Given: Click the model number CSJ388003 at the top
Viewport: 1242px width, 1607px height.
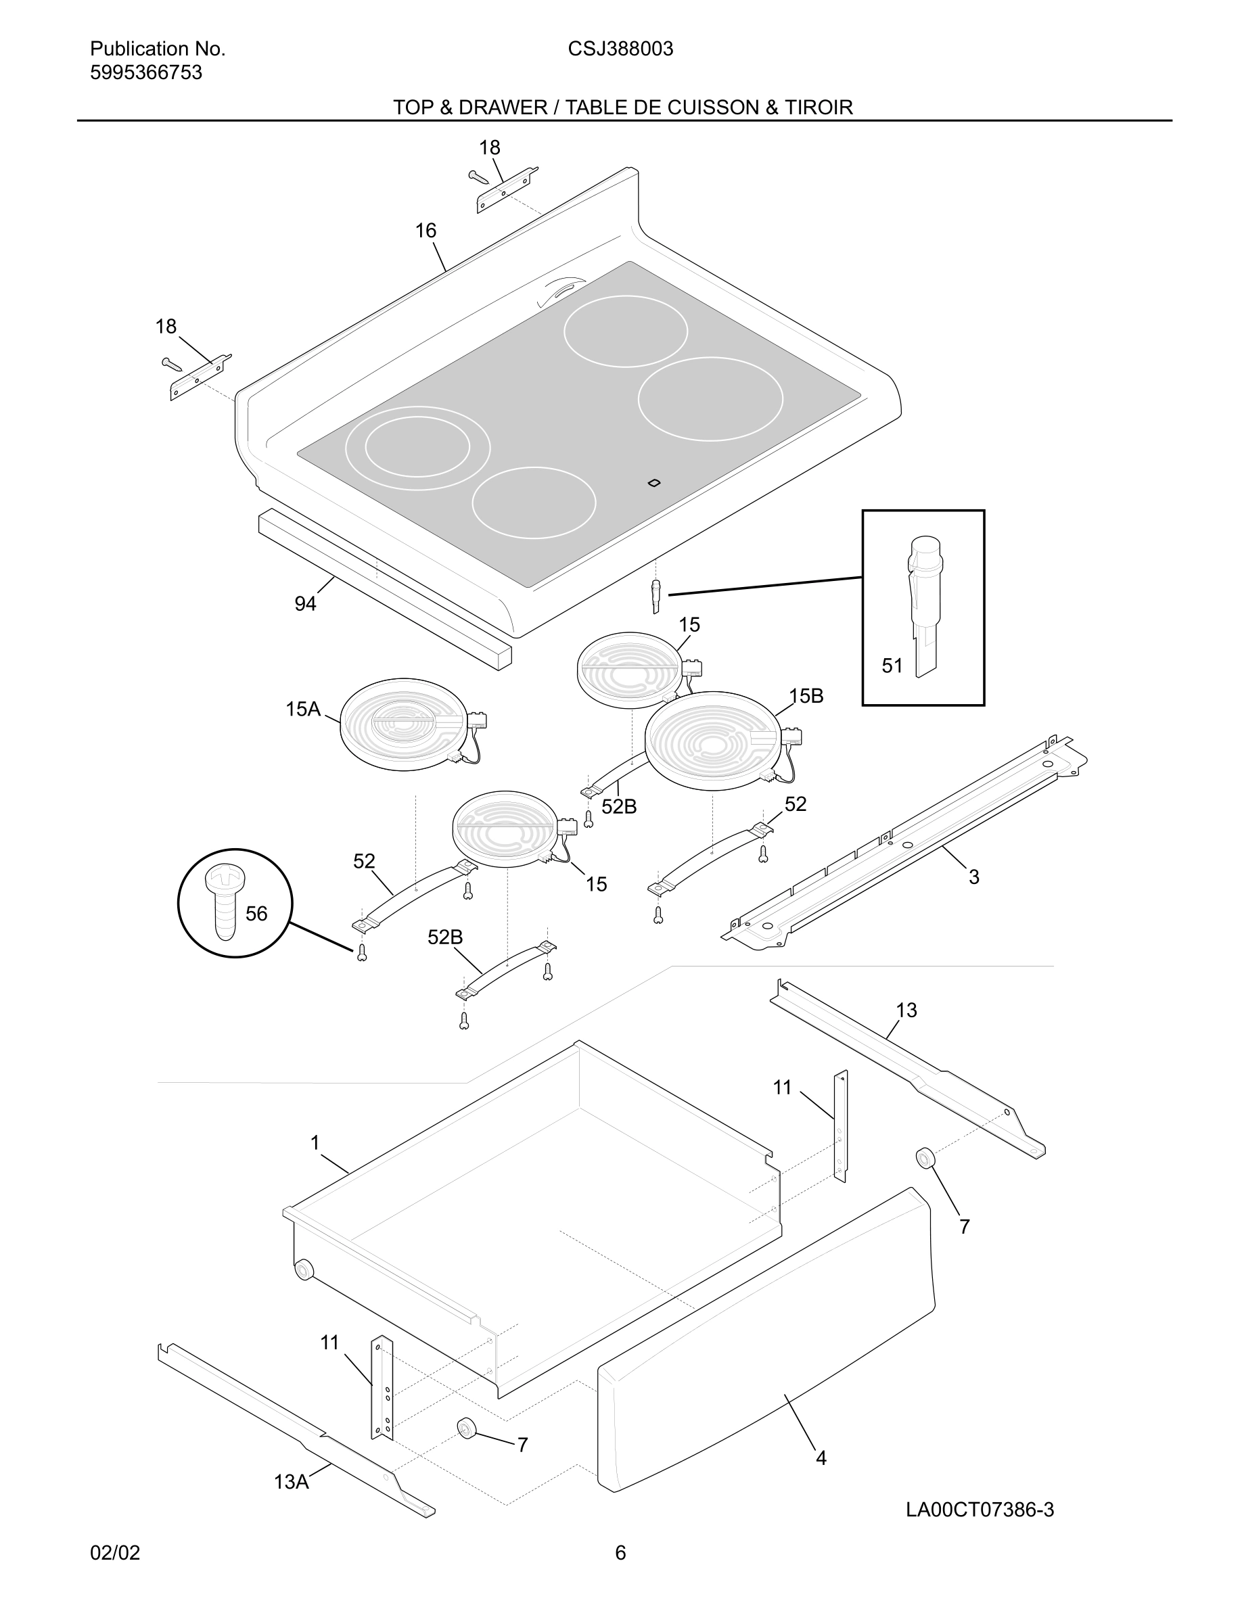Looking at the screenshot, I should click(620, 49).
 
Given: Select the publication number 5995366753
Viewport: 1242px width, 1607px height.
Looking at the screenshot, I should click(145, 73).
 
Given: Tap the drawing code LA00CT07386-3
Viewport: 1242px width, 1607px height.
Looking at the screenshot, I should click(980, 1510).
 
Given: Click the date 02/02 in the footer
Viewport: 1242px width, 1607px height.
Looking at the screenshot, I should click(115, 1552).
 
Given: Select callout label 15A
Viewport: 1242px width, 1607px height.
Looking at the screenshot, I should click(302, 709).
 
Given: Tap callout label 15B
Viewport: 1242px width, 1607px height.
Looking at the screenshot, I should click(806, 696).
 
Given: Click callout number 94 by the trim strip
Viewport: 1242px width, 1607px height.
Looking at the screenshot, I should click(305, 604).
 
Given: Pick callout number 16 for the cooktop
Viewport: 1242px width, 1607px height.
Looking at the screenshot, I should click(425, 231).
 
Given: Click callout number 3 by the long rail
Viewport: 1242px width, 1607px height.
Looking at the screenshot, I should click(973, 877).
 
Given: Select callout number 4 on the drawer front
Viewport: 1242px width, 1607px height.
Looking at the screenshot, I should click(821, 1458).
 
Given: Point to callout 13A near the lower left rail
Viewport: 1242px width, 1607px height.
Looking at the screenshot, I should click(292, 1482).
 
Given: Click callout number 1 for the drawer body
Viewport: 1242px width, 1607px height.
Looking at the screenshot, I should click(315, 1143).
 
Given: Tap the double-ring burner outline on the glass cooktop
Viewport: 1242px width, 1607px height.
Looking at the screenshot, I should click(417, 448).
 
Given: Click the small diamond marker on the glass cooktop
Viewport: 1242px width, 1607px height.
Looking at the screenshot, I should click(653, 483).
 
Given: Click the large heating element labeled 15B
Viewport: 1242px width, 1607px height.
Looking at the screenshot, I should click(711, 740).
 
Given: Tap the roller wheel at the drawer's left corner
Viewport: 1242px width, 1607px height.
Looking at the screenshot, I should click(302, 1270).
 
